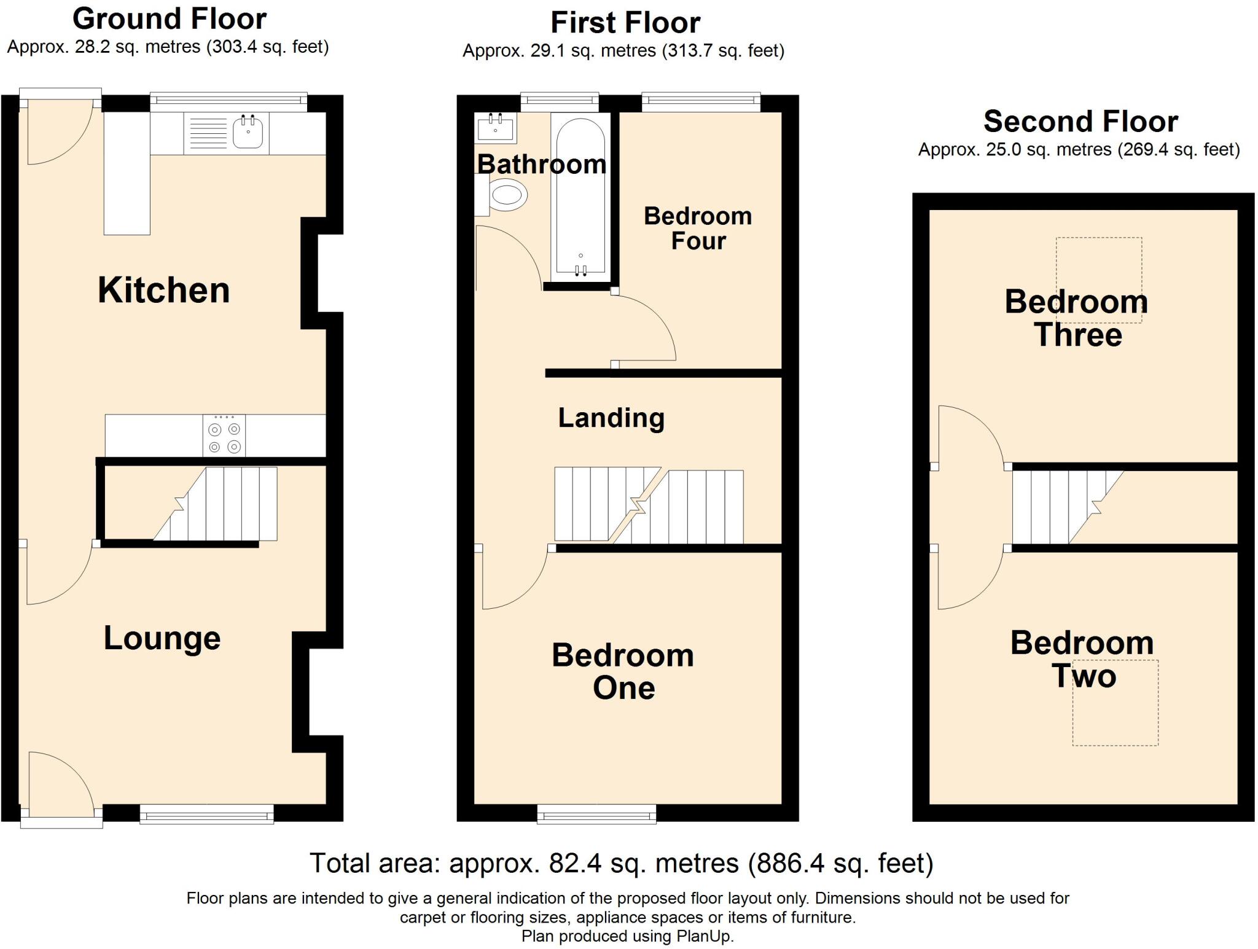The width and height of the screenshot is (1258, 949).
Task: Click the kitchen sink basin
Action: [248, 131]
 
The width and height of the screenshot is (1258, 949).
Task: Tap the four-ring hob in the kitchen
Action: [224, 435]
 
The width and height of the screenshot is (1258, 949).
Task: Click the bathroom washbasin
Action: [495, 127]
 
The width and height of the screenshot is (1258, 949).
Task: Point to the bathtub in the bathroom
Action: [580, 195]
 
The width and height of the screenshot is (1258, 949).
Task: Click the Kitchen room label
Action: [164, 290]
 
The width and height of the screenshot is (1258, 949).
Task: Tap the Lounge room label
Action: [162, 638]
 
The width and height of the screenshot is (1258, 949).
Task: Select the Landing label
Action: [611, 418]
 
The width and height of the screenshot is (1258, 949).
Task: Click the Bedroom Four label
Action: [698, 228]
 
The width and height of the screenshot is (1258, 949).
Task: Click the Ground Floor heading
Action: [170, 19]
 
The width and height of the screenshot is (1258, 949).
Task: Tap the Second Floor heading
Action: [1081, 121]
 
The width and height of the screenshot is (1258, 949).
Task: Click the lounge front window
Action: [207, 813]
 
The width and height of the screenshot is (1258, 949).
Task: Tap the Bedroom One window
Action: [596, 813]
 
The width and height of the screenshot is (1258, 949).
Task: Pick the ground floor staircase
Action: [215, 504]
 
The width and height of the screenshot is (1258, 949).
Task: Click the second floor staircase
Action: [1068, 507]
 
